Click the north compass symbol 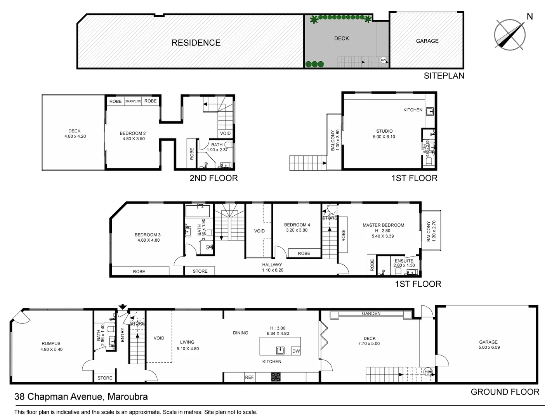[x=510, y=34]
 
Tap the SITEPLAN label [x=444, y=76]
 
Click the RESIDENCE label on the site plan [x=196, y=43]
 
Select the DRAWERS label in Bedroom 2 [x=133, y=101]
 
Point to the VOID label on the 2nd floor [x=226, y=133]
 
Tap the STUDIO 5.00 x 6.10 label [x=384, y=134]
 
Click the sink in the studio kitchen [x=430, y=112]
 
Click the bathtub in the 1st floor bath [x=198, y=211]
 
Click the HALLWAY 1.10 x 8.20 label [x=272, y=267]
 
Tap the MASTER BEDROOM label [x=383, y=225]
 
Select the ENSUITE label [x=404, y=261]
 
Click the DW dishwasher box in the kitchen [x=296, y=351]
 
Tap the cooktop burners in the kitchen [x=276, y=376]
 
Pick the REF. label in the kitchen [x=250, y=377]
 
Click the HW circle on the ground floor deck [x=428, y=372]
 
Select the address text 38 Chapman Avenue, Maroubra [x=81, y=396]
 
